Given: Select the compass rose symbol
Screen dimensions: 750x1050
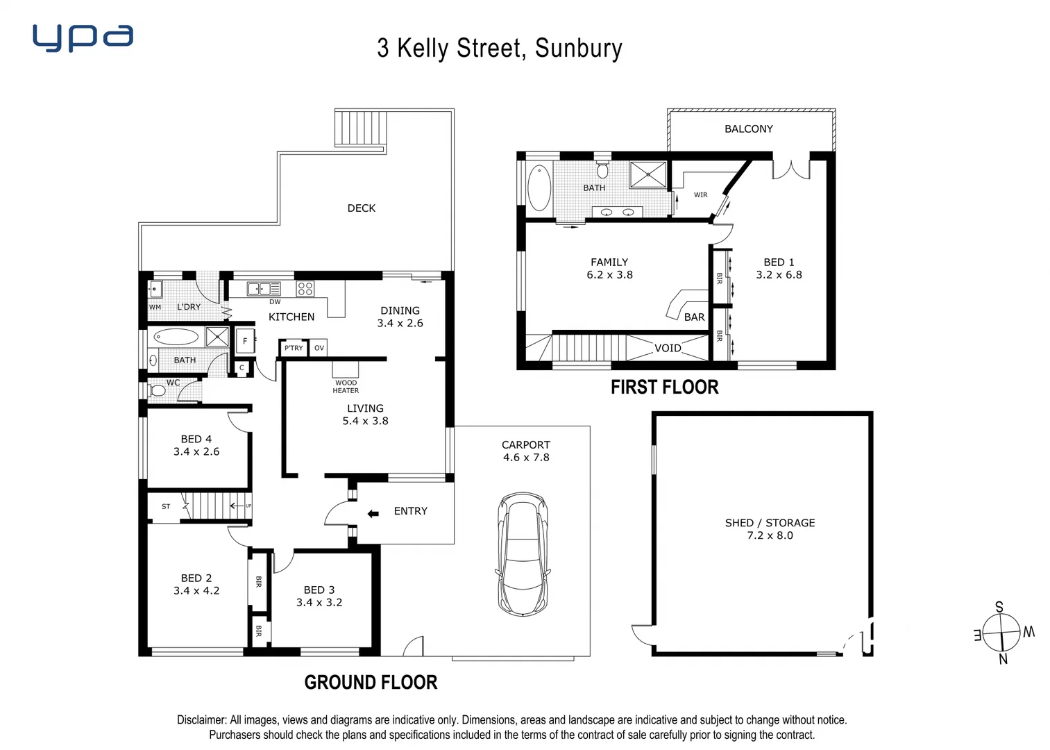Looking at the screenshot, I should click(1001, 633).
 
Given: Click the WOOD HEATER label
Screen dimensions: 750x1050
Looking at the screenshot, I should click(346, 386).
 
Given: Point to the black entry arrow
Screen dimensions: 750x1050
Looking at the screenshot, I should click(373, 513).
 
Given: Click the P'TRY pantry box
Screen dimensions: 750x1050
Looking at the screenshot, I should click(294, 348).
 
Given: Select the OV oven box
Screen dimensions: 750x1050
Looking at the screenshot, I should click(319, 348).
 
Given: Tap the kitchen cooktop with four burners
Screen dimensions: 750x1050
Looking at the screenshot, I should click(305, 288).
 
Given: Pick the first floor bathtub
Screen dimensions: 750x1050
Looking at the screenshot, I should click(539, 187).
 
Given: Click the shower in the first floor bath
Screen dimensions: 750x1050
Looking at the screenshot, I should click(647, 174).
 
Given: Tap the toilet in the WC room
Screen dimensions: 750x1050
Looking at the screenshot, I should click(158, 391).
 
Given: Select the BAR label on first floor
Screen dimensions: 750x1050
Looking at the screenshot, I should click(694, 317).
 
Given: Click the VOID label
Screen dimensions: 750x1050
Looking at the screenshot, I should click(668, 348).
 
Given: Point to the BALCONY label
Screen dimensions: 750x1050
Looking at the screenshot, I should click(748, 128).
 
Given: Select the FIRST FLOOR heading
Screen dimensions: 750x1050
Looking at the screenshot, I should click(664, 387).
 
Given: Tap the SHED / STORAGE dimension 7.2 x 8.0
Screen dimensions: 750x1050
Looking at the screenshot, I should click(770, 535).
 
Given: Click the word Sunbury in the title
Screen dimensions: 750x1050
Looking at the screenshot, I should click(578, 49).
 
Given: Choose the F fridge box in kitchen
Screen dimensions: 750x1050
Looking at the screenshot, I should click(245, 341).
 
